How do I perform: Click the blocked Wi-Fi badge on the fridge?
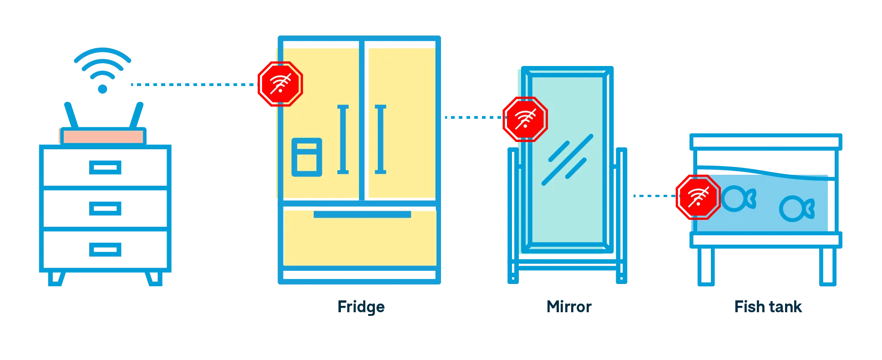point(280,84)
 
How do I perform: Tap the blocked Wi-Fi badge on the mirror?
point(525,119)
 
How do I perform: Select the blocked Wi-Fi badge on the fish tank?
point(697,197)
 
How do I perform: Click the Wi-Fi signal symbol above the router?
point(103,68)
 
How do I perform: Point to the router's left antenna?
point(70,113)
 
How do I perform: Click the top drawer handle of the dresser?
point(106,167)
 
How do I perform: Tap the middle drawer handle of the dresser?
point(106,209)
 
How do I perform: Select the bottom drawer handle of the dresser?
point(106,249)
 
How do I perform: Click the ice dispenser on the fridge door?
point(307,157)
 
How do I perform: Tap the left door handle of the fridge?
point(343,139)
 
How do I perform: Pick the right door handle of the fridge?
point(380,139)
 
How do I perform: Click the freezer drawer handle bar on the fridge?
point(362,214)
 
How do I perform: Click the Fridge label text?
point(360,307)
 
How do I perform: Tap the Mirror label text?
point(569,307)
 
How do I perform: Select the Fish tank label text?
point(768,307)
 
